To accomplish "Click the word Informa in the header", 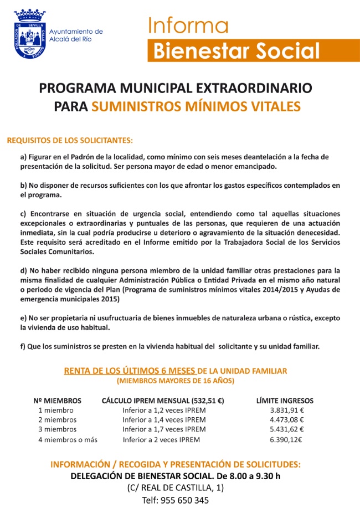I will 188,25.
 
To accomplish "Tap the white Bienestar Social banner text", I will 236,50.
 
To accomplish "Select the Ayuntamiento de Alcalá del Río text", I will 76,35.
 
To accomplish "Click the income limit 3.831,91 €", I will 287,410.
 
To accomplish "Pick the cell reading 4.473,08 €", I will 287,420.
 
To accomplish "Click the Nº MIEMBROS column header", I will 58,401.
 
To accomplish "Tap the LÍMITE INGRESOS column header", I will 285,401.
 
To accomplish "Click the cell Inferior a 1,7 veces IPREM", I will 164,429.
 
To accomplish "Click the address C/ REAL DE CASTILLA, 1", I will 176,488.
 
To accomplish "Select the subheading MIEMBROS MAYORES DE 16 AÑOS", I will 176,381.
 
